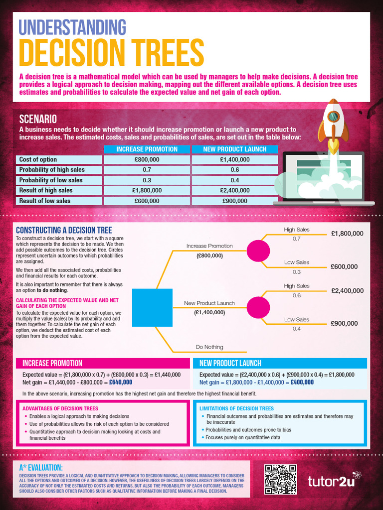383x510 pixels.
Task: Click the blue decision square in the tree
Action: [x=152, y=308]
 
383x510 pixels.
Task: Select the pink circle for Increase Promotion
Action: [x=258, y=251]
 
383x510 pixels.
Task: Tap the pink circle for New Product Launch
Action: [x=258, y=307]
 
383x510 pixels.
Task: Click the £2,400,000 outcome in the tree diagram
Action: [x=347, y=290]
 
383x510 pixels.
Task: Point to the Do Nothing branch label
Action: [x=209, y=347]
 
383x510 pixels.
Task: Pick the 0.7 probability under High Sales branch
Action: [x=297, y=239]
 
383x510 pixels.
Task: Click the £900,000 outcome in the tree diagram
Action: [x=344, y=323]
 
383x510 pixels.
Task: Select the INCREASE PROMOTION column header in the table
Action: [x=147, y=149]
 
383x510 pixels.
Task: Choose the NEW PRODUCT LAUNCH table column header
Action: [x=234, y=149]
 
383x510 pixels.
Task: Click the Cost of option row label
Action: [x=38, y=159]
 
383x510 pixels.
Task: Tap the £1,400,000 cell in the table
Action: [x=234, y=159]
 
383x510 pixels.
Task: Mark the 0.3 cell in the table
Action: [x=147, y=180]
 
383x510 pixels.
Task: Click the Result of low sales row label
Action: [x=45, y=201]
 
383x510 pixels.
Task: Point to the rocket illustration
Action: [x=333, y=122]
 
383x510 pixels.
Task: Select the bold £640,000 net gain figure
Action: [x=121, y=382]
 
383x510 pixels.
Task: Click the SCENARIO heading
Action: [x=38, y=119]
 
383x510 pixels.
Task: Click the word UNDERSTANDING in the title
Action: [x=72, y=27]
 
